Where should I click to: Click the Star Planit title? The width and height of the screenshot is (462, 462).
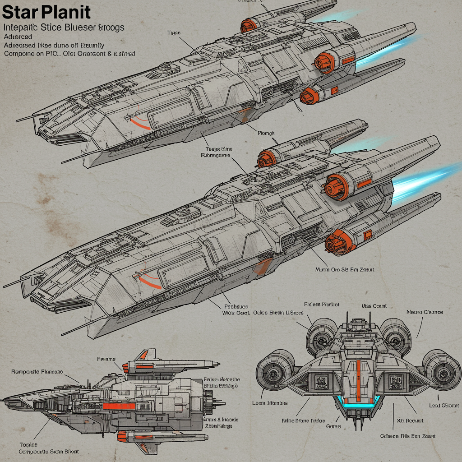[x=46, y=12]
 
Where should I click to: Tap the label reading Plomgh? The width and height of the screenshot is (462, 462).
[x=266, y=133]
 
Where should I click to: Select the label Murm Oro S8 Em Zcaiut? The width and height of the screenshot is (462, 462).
[x=345, y=269]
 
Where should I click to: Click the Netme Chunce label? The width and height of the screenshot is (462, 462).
[x=425, y=312]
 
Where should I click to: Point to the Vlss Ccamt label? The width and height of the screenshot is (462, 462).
[x=374, y=306]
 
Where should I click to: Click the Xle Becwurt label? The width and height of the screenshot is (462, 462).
[x=410, y=420]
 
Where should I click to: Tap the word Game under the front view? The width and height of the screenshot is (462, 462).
[x=333, y=426]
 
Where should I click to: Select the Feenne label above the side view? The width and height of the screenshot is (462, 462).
[x=106, y=359]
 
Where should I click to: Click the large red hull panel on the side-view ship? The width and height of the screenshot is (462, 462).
[x=119, y=406]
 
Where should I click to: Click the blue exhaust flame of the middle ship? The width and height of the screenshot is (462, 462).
[x=424, y=180]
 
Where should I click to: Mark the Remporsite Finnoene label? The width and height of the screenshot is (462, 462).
[x=37, y=372]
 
